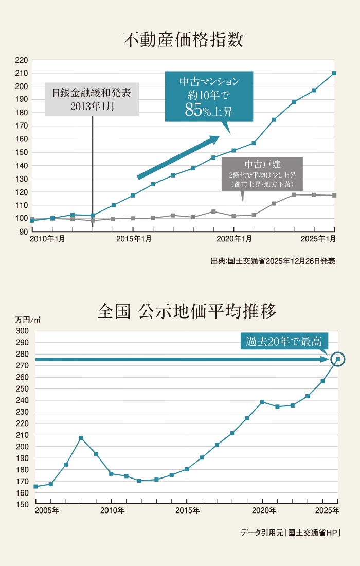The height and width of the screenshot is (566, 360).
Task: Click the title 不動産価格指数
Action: tap(183, 39)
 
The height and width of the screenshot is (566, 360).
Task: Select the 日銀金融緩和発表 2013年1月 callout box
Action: tap(92, 99)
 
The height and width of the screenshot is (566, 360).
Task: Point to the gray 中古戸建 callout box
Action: tap(262, 173)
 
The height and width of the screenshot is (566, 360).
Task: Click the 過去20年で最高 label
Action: tap(284, 341)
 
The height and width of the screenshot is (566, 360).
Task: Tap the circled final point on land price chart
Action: tap(338, 359)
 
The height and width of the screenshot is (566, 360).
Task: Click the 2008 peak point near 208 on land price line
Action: tap(81, 438)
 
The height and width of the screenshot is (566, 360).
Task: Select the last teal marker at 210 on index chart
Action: tap(334, 73)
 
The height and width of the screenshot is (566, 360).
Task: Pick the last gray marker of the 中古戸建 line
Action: tap(334, 196)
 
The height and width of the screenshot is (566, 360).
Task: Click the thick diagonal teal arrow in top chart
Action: tap(178, 157)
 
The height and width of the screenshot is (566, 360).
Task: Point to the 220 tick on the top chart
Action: tap(21, 60)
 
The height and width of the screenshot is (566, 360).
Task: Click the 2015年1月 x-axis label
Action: tap(134, 239)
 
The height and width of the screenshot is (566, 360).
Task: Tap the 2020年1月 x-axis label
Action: tap(234, 239)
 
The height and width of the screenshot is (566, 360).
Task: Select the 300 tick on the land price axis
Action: tap(22, 331)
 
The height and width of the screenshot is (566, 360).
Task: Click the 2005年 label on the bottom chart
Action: tap(47, 510)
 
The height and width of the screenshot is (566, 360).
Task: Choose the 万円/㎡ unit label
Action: tap(28, 320)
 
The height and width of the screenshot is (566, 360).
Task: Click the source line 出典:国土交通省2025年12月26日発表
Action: tap(273, 261)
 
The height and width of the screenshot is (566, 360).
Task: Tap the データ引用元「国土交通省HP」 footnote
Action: tap(291, 533)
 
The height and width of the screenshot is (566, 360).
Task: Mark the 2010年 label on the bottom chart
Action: tap(112, 510)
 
